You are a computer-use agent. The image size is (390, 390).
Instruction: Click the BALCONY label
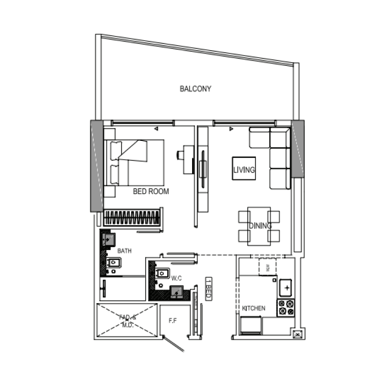point(195,89)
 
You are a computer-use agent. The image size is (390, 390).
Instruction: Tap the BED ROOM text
point(151,192)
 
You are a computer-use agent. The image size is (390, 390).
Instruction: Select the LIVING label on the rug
point(244,170)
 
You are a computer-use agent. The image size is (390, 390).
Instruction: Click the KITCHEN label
point(253,309)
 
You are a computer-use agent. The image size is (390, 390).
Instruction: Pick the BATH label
point(124,251)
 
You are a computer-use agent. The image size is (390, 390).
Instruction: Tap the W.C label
point(176,278)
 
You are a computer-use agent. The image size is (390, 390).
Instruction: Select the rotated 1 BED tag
point(208,290)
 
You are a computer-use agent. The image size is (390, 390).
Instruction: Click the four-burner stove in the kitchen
point(286,307)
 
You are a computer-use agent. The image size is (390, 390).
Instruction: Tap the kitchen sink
point(286,288)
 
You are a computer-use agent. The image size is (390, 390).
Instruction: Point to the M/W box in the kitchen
point(268,267)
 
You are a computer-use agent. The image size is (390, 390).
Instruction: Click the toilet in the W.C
point(162,274)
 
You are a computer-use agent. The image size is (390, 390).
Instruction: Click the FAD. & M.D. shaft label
point(127,320)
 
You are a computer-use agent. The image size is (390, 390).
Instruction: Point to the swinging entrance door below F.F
point(174,343)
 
